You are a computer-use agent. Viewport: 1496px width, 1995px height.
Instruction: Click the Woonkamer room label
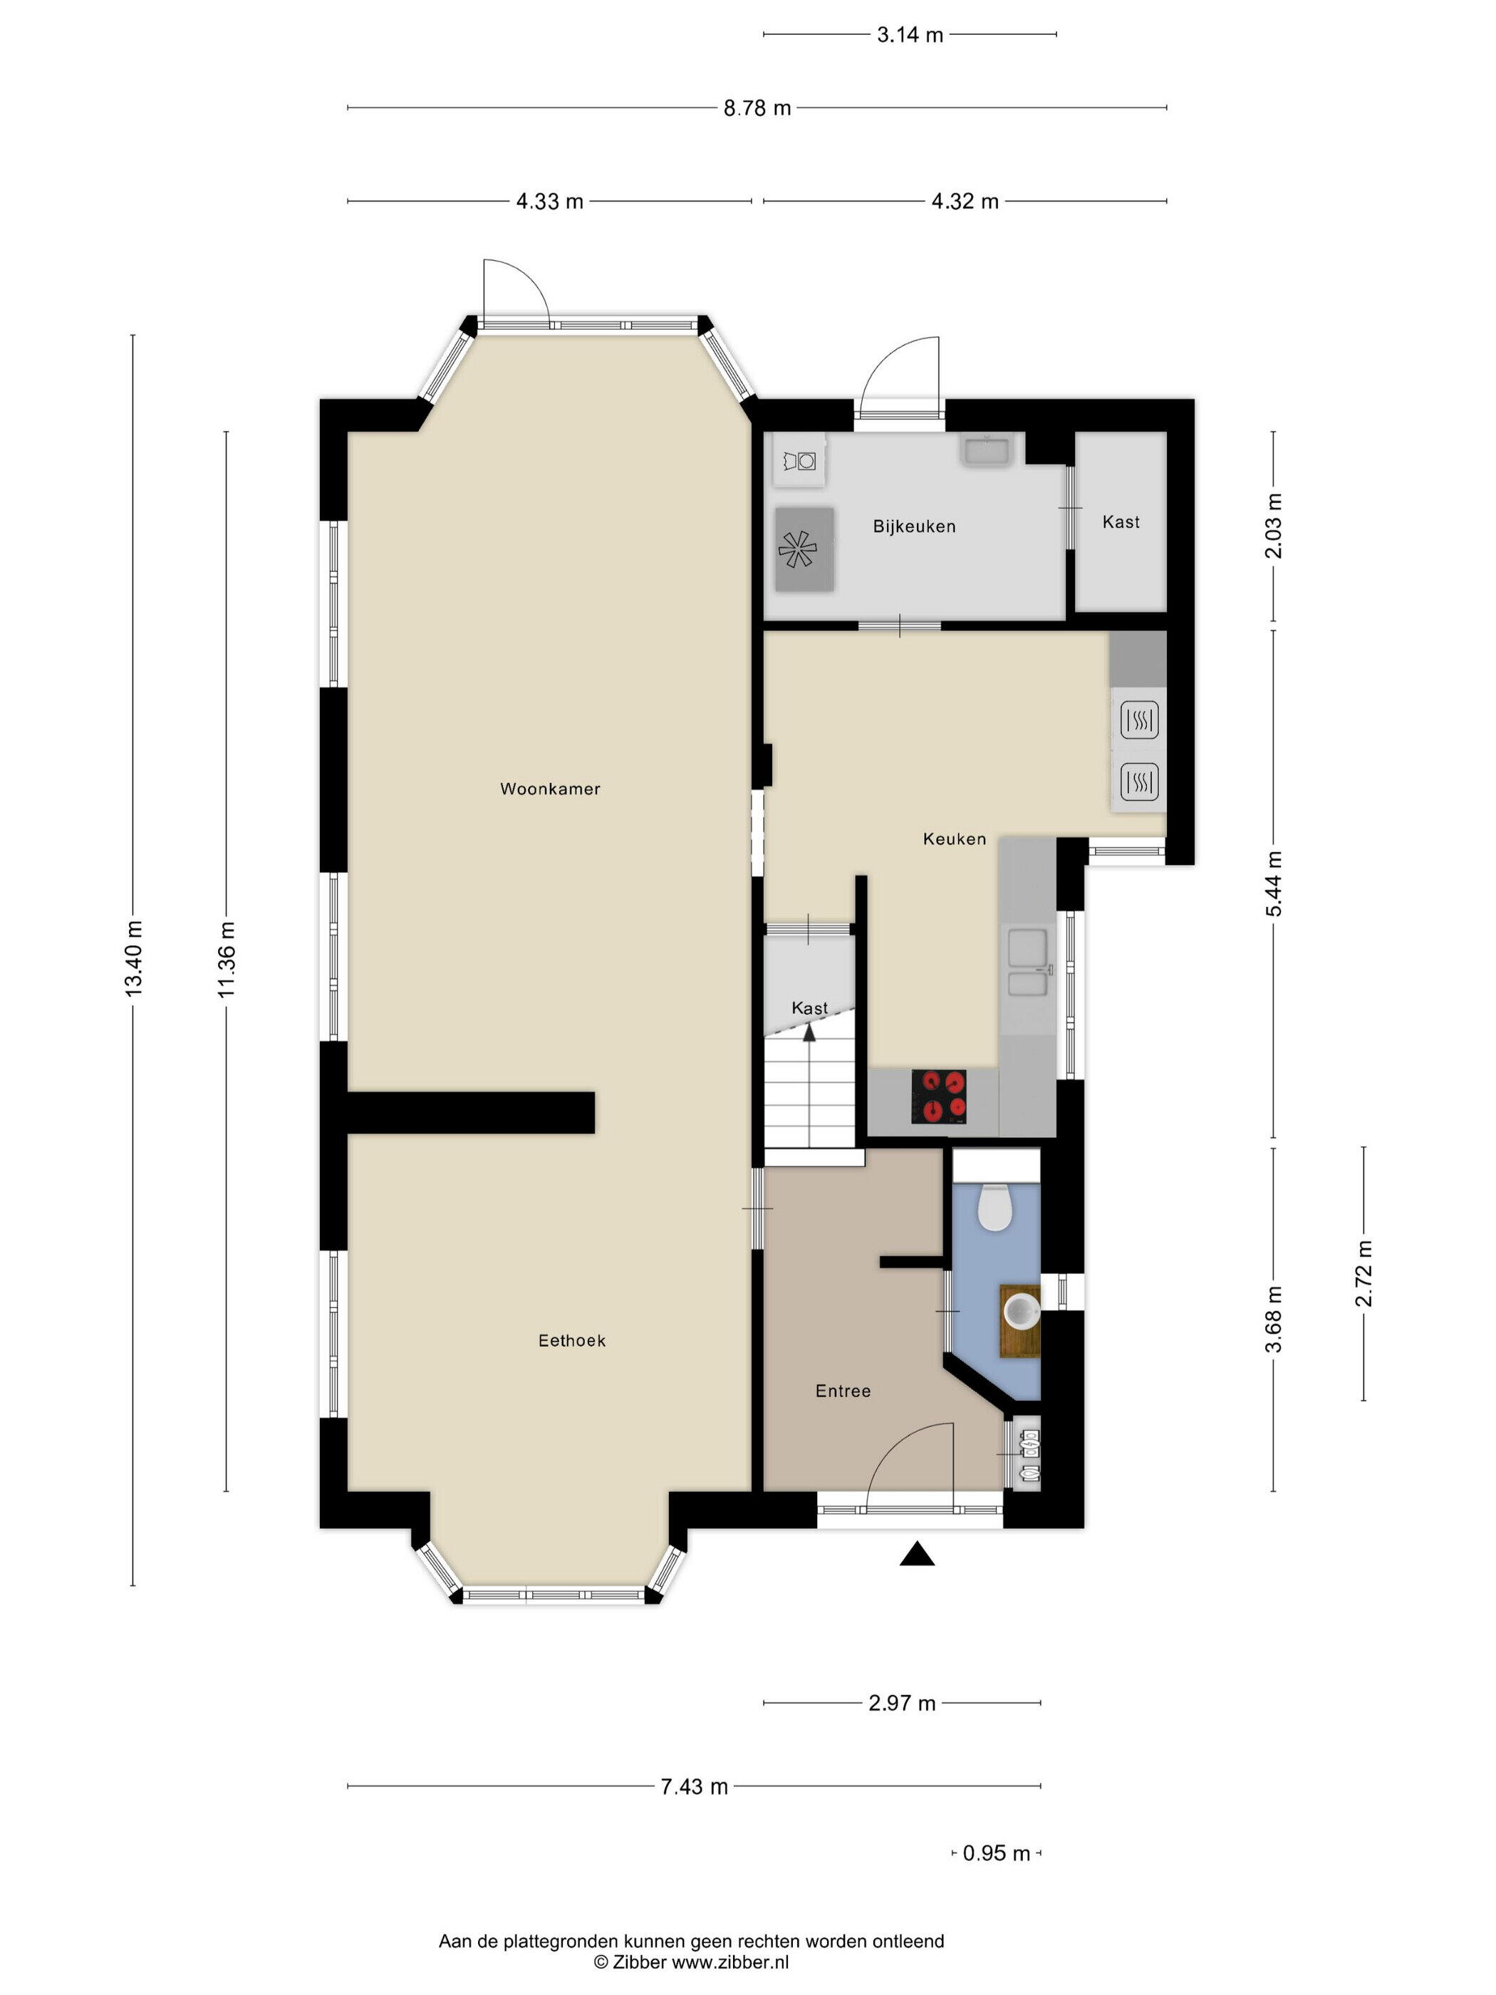click(x=550, y=789)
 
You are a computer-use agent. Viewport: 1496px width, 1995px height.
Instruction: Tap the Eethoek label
click(x=572, y=1341)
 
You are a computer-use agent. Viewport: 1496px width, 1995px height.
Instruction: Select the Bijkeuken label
click(x=913, y=527)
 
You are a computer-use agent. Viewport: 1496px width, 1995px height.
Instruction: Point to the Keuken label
click(x=954, y=839)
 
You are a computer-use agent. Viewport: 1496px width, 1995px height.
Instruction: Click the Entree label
click(x=843, y=1392)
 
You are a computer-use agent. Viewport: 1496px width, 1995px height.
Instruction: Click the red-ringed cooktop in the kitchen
click(x=939, y=1097)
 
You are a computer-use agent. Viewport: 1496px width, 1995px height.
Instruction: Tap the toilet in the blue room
click(x=994, y=1208)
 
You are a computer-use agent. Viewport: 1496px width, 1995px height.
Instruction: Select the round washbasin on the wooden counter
click(x=1021, y=1310)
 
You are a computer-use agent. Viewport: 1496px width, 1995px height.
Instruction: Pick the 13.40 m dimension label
click(x=133, y=959)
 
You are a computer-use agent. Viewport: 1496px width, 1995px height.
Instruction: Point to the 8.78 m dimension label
click(x=757, y=108)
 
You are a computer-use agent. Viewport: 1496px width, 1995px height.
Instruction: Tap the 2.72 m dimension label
click(x=1363, y=1273)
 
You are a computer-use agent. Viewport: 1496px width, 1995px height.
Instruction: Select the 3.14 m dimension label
click(x=910, y=35)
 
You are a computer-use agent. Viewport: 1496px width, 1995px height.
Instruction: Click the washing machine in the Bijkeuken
click(x=799, y=461)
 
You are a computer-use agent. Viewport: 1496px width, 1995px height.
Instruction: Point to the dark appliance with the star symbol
click(x=804, y=549)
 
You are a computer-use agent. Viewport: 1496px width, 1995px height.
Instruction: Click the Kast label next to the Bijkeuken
click(x=1121, y=522)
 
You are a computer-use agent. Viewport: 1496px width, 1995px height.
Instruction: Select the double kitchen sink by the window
click(x=1028, y=963)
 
